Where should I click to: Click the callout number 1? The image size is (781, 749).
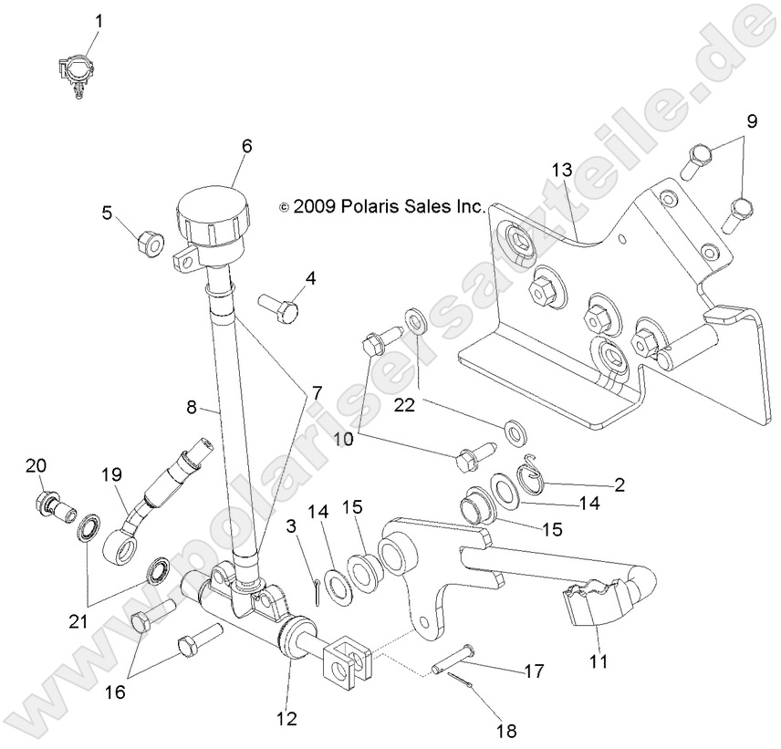(x=99, y=19)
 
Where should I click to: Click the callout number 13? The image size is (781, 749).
(x=561, y=170)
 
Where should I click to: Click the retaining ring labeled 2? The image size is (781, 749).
(x=532, y=475)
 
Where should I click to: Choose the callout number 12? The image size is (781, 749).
(x=286, y=718)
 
